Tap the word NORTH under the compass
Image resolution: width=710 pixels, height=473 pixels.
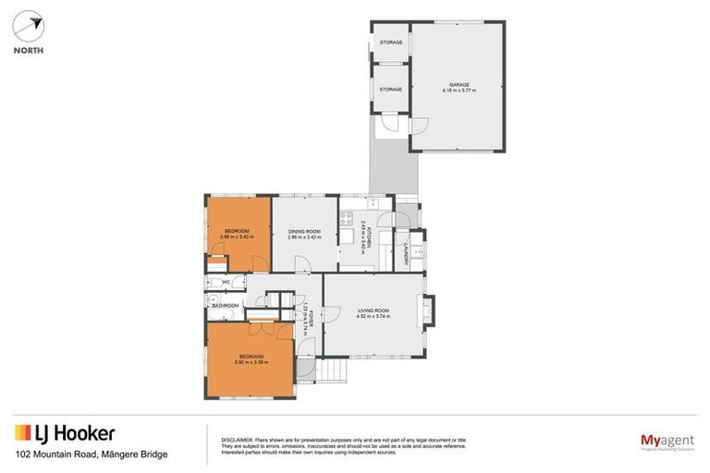[x=28, y=51]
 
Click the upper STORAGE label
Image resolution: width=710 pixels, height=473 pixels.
[x=390, y=42]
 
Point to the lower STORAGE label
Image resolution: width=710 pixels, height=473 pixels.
[x=390, y=90]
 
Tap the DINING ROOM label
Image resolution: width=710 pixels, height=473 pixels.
[x=304, y=231]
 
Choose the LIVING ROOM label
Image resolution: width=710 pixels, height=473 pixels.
[x=373, y=310]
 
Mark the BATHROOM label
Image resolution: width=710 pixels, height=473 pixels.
[x=226, y=306]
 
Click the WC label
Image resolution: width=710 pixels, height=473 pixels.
[x=225, y=282]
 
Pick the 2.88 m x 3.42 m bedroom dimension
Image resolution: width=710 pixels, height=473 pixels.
[x=238, y=237]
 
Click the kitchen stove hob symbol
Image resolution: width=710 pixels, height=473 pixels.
[x=347, y=220]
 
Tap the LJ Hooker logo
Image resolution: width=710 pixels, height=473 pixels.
[x=65, y=432]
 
